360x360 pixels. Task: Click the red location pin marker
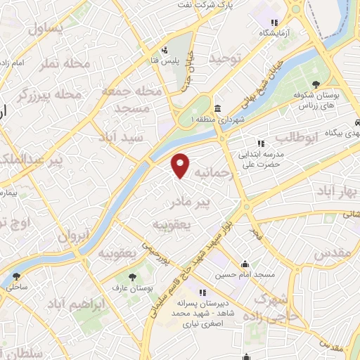pyautogui.click(x=181, y=165)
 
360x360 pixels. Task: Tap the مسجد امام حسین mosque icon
pyautogui.click(x=245, y=264)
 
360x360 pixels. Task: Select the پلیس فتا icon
pyautogui.click(x=164, y=50)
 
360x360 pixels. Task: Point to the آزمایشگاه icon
pyautogui.click(x=282, y=21)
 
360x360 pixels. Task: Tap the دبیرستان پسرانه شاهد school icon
pyautogui.click(x=202, y=292)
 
